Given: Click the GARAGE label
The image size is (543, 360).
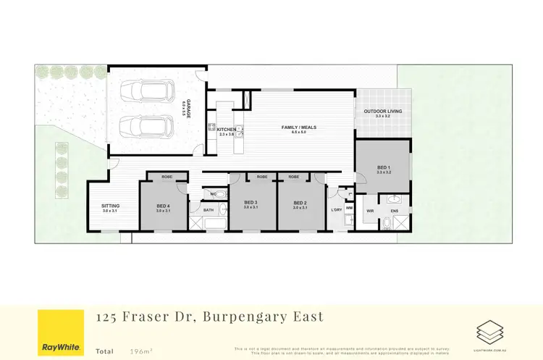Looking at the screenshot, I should [x=189, y=110].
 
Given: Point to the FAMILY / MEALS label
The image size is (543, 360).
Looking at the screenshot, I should [x=298, y=127].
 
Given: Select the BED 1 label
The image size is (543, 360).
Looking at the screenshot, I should [x=384, y=168].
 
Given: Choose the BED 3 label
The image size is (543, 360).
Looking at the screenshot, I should [x=251, y=202].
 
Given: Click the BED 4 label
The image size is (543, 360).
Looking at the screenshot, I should [x=164, y=206].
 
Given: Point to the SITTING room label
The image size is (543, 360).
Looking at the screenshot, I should [x=110, y=206].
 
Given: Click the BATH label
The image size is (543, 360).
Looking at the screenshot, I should [x=209, y=210].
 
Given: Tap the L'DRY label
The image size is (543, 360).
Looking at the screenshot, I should [x=336, y=210].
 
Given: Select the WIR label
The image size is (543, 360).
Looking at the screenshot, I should [x=369, y=212].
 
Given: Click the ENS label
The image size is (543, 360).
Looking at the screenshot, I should [x=395, y=212].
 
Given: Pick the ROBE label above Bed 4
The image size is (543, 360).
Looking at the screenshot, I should [x=167, y=177].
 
